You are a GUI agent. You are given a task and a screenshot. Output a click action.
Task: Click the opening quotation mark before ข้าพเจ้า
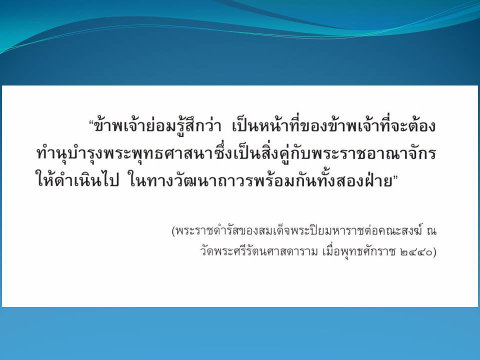[91, 121]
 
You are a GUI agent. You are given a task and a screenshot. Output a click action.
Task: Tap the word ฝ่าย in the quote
[379, 179]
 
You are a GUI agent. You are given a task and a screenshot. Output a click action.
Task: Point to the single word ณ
[431, 231]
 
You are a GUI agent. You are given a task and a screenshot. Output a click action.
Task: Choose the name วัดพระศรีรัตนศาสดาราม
[259, 251]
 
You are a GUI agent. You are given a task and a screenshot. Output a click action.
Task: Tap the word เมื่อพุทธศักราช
[359, 251]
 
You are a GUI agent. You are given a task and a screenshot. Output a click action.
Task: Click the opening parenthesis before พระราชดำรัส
[174, 231]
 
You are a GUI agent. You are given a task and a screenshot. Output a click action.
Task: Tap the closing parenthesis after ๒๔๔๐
[434, 252]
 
